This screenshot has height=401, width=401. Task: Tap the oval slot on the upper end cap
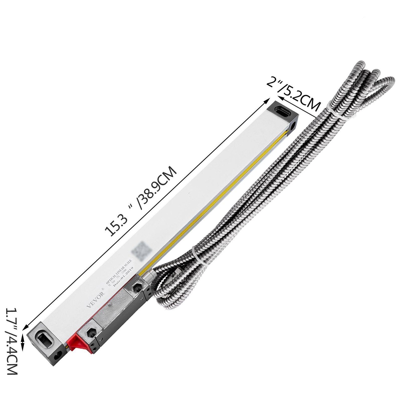point(282,110)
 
